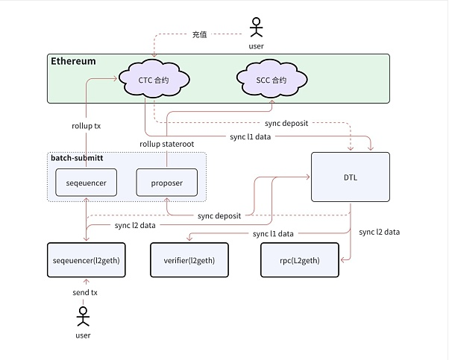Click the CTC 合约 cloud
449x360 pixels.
coord(154,79)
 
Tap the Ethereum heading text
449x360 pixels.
coord(73,61)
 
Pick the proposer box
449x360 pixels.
coord(166,183)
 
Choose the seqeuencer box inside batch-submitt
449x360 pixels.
coord(87,183)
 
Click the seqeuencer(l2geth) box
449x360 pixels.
coord(84,260)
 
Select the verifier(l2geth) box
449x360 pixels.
coord(189,260)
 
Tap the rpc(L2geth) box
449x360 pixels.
coord(299,260)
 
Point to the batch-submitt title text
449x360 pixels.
coord(77,157)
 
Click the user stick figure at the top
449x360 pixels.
coord(257,27)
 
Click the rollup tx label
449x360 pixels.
coord(87,126)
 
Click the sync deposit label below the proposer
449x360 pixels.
coord(219,215)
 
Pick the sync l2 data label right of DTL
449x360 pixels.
coord(379,232)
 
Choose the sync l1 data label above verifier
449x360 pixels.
coord(273,233)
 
